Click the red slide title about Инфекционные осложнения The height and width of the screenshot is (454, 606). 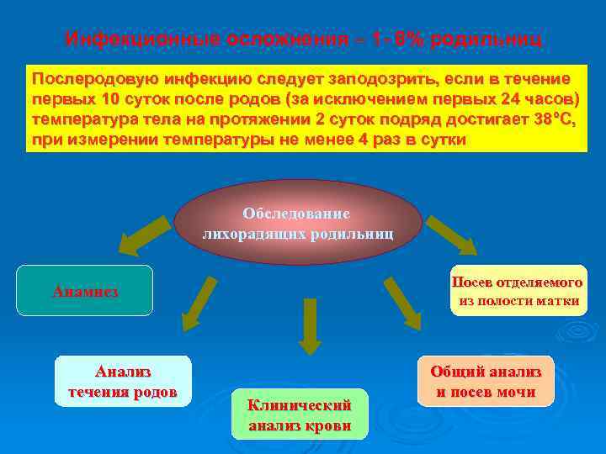coord(305,39)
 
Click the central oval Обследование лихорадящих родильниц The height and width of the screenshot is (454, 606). coord(298,222)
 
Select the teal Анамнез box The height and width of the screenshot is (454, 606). coord(85,291)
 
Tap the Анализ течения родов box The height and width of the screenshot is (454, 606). coord(123,381)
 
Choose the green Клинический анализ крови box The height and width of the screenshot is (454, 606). coord(300,414)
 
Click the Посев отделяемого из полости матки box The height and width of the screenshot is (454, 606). coord(517,291)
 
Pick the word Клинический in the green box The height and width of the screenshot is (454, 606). coord(299,405)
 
